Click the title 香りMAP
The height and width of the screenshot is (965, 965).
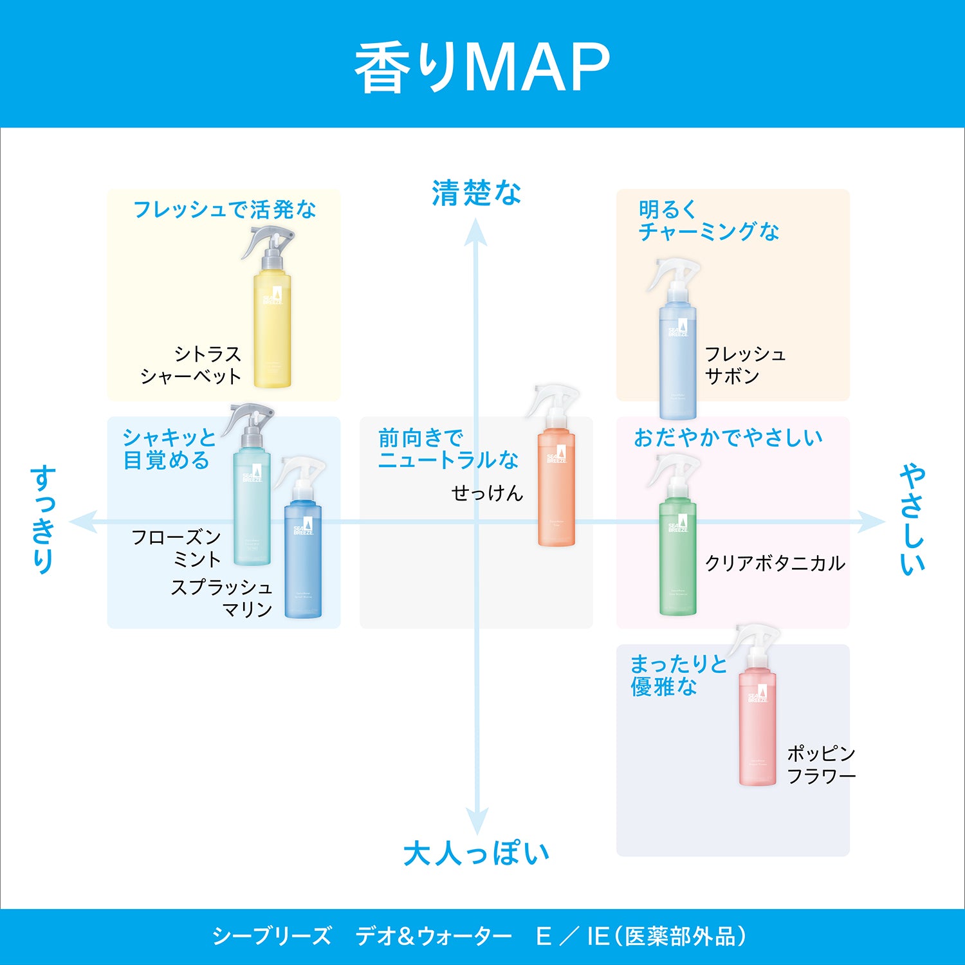[482, 68]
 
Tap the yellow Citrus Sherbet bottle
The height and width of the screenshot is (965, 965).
[272, 328]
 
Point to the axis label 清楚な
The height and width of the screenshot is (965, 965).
[476, 193]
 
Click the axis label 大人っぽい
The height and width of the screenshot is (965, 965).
[476, 854]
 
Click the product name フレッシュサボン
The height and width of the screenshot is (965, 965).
[744, 365]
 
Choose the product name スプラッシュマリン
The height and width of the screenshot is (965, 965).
[222, 598]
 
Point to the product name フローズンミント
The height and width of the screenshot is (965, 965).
[176, 548]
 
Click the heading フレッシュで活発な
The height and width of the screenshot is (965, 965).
[225, 210]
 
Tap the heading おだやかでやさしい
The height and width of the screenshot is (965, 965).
[728, 438]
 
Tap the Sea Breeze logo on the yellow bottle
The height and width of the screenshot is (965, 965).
[273, 296]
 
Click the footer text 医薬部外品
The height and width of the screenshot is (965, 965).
[681, 936]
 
